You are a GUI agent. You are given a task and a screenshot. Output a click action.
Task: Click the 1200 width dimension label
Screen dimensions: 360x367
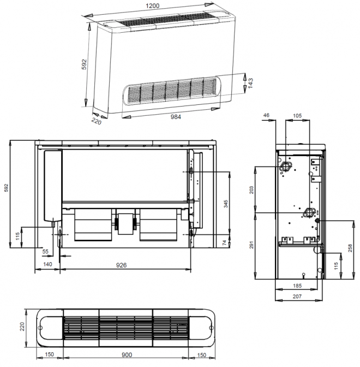coord(152,6)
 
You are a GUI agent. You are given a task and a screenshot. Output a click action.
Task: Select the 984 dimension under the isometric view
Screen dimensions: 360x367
coord(175,117)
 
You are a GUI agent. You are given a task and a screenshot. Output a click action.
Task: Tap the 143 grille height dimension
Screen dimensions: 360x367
coord(250,83)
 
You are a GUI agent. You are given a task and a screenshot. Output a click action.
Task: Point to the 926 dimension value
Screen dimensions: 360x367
coord(121,265)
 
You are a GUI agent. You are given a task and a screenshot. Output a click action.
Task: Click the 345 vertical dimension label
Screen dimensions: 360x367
coord(226,204)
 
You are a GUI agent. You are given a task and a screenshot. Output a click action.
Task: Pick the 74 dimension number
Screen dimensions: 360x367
coord(224,242)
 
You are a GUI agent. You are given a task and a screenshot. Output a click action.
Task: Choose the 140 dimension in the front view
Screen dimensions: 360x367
coord(47,264)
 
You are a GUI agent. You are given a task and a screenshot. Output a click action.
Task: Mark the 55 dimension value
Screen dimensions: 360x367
coord(45,251)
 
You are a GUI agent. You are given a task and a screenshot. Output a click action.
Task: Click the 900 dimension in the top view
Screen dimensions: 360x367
coord(127,355)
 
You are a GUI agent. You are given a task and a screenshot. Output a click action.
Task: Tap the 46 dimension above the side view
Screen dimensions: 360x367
coord(266,115)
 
